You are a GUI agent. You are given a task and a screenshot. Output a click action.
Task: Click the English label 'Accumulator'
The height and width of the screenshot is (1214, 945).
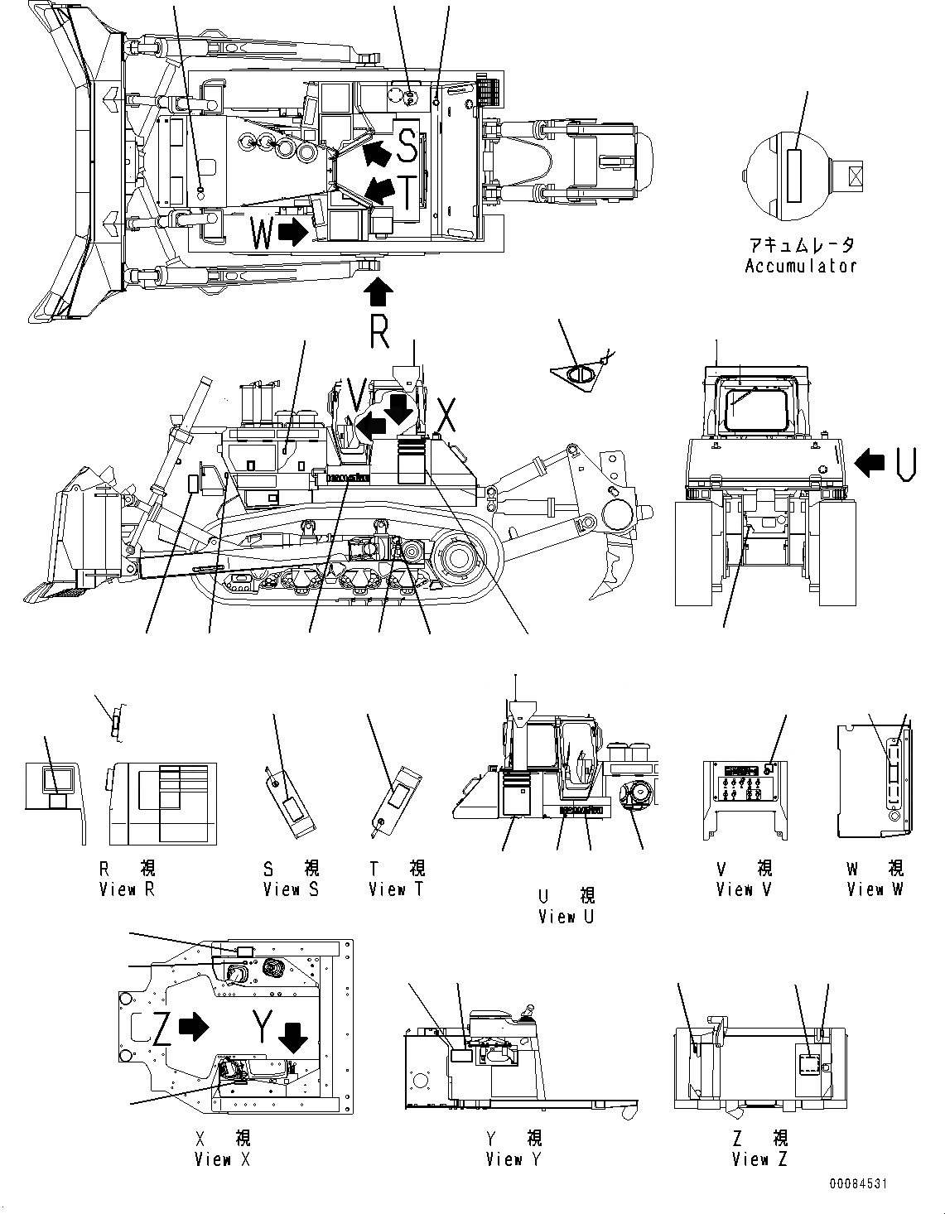800,266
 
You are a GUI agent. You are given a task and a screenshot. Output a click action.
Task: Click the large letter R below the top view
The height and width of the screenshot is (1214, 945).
378,332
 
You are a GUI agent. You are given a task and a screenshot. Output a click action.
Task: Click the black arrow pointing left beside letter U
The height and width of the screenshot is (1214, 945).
869,464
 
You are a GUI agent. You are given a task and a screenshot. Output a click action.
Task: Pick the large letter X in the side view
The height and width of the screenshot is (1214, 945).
446,416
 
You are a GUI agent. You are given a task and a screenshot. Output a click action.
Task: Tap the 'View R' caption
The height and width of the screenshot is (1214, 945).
127,889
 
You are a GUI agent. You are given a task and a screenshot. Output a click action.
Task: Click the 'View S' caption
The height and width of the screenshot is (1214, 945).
291,889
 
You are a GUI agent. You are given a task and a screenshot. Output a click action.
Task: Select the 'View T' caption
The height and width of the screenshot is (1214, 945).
396,889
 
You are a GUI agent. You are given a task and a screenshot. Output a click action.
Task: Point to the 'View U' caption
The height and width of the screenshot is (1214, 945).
567,917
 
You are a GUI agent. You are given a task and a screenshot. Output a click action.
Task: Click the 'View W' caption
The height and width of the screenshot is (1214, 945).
875,889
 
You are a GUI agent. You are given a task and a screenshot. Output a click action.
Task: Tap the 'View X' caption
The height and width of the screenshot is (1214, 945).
222,1159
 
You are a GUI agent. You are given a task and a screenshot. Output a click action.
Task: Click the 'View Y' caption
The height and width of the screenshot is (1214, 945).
513,1159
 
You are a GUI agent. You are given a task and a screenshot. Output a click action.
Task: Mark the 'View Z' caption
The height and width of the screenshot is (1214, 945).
759,1159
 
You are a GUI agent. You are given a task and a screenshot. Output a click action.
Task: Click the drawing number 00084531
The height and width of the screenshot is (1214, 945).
856,1184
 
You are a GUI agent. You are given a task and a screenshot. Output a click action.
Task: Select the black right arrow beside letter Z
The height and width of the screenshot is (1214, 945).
195,1027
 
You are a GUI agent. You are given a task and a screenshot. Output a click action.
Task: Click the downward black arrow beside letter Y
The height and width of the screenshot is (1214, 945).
291,1036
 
